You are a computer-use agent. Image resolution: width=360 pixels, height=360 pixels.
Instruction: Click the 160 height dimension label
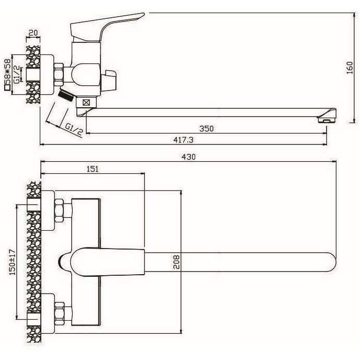pos(352,68)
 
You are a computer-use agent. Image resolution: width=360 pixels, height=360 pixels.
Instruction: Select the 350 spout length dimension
pos(207,128)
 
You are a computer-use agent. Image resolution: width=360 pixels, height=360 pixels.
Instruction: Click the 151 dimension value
pos(92,168)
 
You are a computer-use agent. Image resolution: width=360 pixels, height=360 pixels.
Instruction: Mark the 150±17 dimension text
pos(19,262)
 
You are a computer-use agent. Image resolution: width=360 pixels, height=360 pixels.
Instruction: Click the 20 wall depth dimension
pos(33,33)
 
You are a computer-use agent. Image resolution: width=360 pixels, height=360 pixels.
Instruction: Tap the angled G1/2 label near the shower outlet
pos(74,127)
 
